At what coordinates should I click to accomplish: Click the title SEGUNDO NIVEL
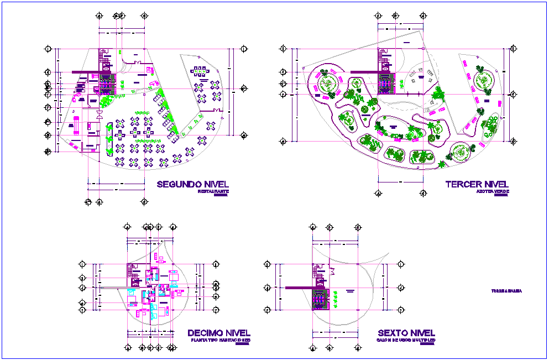click(x=192, y=185)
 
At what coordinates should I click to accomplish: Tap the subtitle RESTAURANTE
click(x=213, y=191)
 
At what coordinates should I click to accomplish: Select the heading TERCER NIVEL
click(x=477, y=185)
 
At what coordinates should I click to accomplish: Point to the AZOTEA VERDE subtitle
click(x=493, y=191)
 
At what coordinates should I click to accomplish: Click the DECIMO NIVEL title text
click(x=219, y=333)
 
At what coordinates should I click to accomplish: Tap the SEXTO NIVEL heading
click(x=406, y=333)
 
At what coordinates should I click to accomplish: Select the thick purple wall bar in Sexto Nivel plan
click(x=299, y=288)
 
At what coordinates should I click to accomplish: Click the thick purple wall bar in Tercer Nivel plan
click(x=362, y=71)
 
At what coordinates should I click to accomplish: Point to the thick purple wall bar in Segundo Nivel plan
click(x=83, y=71)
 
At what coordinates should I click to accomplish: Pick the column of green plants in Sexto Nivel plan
click(x=335, y=299)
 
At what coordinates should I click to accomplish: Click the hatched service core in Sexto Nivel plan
click(x=321, y=299)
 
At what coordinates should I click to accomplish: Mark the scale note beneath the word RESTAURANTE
click(x=221, y=195)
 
